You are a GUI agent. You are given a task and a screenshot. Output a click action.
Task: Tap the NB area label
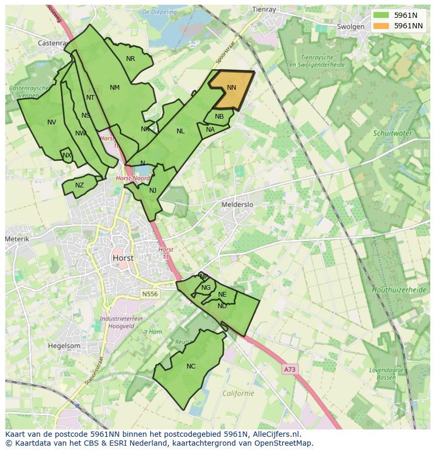219,117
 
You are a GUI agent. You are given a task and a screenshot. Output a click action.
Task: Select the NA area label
210,130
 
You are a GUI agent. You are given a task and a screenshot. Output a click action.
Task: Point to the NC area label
191,366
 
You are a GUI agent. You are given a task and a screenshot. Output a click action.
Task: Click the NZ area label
79,185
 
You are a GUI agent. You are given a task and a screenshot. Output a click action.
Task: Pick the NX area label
67,155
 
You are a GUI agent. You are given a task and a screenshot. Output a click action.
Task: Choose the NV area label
51,122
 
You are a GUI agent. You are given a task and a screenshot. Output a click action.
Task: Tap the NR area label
130,59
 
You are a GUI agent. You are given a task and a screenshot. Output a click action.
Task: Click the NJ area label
153,191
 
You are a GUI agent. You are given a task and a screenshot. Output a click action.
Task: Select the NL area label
180,131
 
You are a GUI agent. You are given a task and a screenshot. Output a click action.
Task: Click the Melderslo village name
237,205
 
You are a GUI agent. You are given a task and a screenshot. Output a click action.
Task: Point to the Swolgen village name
350,27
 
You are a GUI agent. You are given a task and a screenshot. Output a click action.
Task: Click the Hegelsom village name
64,346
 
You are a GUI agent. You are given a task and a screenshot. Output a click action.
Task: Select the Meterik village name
17,239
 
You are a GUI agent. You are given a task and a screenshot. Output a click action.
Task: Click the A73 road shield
289,370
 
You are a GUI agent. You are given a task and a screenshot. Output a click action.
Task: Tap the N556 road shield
149,295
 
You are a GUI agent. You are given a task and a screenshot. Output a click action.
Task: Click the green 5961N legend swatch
381,15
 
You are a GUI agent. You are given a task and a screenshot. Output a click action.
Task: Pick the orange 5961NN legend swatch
381,26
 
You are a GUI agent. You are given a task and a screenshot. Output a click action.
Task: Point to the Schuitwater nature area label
392,133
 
